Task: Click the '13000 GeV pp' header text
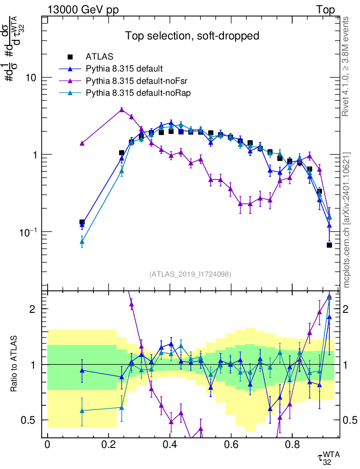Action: coord(83,10)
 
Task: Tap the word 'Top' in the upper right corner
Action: coord(325,10)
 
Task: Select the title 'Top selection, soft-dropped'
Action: coord(192,36)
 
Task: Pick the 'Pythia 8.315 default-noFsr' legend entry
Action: coord(131,81)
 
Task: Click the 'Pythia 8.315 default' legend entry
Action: coord(124,69)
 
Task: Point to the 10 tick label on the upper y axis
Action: coord(31,78)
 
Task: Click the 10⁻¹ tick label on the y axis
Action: coord(28,231)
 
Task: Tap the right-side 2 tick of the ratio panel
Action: coord(349,309)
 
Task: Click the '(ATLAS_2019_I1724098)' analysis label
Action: coord(190,274)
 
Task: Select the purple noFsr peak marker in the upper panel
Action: coord(121,109)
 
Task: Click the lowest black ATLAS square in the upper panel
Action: coord(329,245)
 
